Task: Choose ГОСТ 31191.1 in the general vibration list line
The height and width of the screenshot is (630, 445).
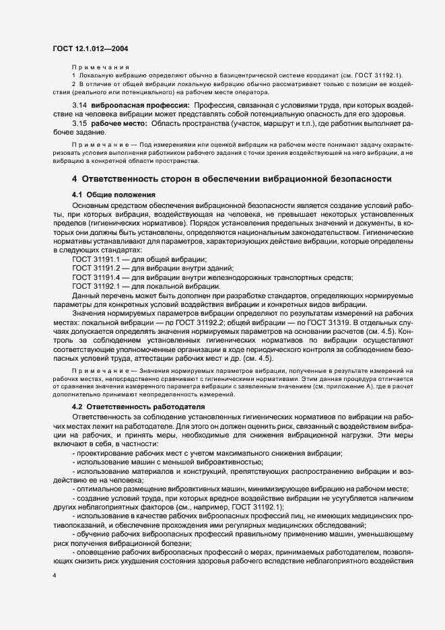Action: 96,259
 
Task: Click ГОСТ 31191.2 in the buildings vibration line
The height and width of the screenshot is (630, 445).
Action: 96,268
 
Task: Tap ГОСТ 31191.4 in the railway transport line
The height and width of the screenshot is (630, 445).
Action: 96,277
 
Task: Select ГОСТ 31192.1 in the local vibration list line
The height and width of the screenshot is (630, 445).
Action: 96,285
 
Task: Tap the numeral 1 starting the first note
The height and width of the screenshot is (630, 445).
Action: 74,75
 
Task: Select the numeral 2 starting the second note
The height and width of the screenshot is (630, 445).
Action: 74,83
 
